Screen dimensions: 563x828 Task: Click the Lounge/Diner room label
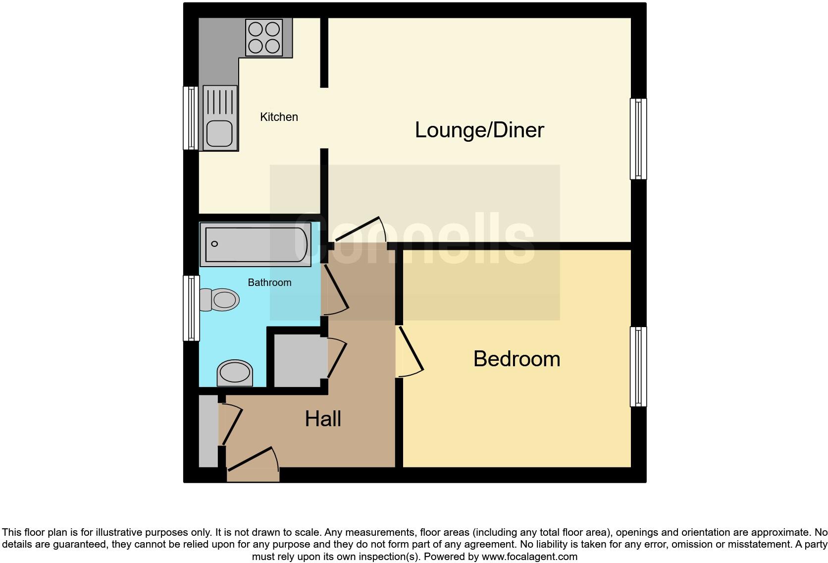[x=479, y=130]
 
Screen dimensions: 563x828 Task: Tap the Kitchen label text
[x=279, y=117]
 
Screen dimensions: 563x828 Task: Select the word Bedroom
[x=517, y=359]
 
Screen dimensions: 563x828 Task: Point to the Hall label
[x=323, y=419]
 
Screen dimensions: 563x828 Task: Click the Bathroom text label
[x=269, y=282]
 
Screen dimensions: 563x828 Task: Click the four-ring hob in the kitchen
[x=264, y=38]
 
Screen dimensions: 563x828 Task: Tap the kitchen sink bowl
[x=219, y=133]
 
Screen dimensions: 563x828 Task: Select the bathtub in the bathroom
[x=256, y=244]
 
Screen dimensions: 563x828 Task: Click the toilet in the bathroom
[x=220, y=299]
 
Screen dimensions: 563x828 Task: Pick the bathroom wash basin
[x=235, y=373]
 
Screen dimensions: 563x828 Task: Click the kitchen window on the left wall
[x=191, y=118]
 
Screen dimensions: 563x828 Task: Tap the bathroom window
[x=191, y=308]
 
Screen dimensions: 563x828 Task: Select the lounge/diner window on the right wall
[x=638, y=139]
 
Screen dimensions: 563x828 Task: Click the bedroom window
[x=638, y=367]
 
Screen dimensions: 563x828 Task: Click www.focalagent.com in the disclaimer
[x=529, y=557]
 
